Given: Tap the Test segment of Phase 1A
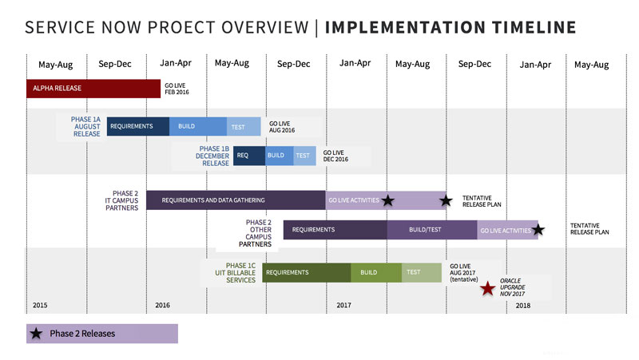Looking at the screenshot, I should point(244,127).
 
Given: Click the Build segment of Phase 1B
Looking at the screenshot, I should point(276,156).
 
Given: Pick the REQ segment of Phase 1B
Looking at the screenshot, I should point(242,156).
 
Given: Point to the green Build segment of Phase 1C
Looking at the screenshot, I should point(375,272).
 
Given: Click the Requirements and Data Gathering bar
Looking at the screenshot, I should point(236,200).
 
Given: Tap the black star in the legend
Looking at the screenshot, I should point(37,334).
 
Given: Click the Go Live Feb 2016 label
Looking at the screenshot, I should point(176,88).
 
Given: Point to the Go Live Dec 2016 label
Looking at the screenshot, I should point(334,156).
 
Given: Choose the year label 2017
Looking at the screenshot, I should point(344,306).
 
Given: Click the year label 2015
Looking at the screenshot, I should point(41,306).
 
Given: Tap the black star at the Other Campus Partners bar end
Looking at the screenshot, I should point(538,230).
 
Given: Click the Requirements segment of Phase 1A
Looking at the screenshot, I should point(138,127).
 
